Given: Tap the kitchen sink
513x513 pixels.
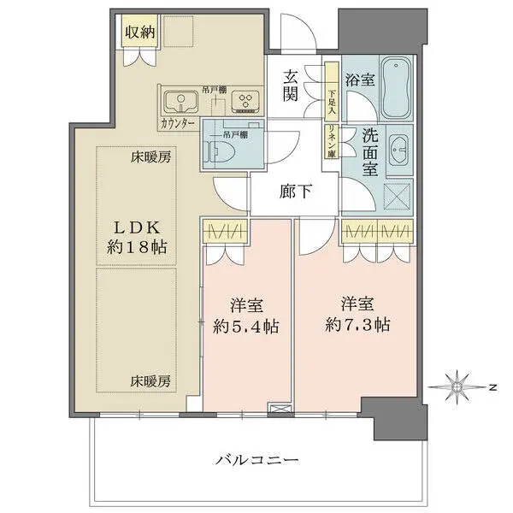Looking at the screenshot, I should coord(181,103).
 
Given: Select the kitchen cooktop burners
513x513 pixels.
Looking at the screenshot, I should coord(246,103).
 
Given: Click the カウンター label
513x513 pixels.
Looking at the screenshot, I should coord(179,124).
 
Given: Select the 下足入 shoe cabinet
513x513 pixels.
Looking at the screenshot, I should coord(329,87).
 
